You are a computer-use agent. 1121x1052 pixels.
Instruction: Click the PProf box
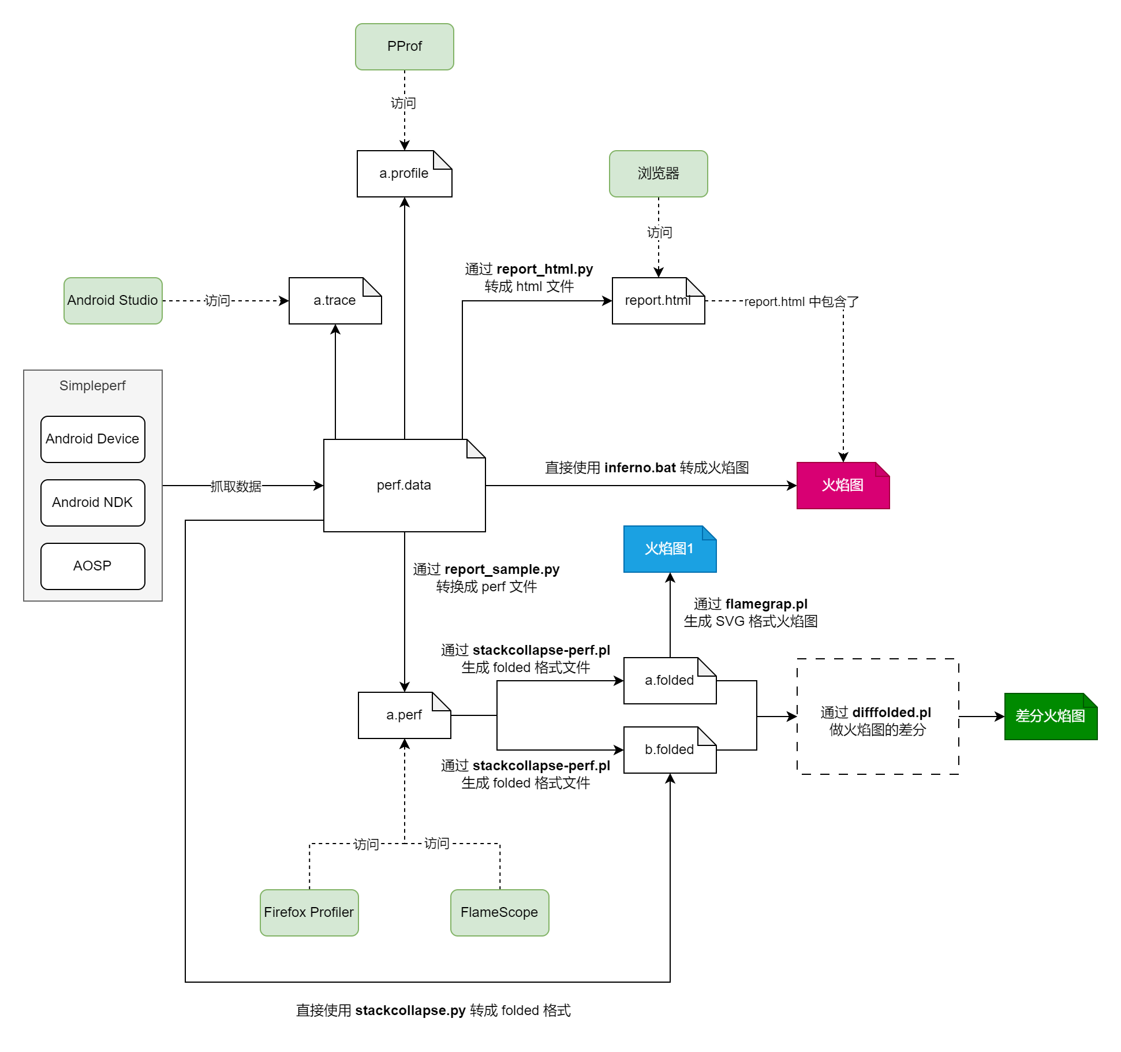(x=404, y=47)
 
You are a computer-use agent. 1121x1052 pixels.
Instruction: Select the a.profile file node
(x=404, y=174)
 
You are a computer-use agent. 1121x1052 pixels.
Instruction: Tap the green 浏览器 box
(x=658, y=174)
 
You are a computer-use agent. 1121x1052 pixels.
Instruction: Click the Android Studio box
(x=113, y=301)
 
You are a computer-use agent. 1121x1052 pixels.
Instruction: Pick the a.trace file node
(x=335, y=301)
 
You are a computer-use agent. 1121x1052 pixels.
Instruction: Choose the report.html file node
(x=658, y=301)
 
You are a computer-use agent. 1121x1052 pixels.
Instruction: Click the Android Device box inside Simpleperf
(x=92, y=439)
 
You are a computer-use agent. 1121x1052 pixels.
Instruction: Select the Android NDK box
(x=92, y=503)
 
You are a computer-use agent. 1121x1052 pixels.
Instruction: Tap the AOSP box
(x=92, y=566)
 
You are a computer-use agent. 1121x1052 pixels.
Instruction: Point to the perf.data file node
(x=404, y=486)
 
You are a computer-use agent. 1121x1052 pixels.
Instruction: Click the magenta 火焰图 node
(x=843, y=486)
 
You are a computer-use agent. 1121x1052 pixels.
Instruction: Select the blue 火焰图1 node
(x=670, y=549)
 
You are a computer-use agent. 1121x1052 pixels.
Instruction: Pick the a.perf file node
(x=404, y=715)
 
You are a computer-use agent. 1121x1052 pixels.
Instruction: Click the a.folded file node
(x=670, y=681)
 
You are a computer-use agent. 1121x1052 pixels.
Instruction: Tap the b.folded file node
(x=670, y=750)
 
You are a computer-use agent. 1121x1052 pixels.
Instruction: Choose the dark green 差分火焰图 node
(x=1051, y=717)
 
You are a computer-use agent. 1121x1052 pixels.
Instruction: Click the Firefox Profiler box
(x=309, y=913)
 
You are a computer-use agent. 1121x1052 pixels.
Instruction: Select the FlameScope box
(x=499, y=913)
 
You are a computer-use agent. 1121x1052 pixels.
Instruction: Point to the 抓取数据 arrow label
(x=236, y=487)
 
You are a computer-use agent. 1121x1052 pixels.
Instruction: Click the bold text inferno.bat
(x=640, y=468)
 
